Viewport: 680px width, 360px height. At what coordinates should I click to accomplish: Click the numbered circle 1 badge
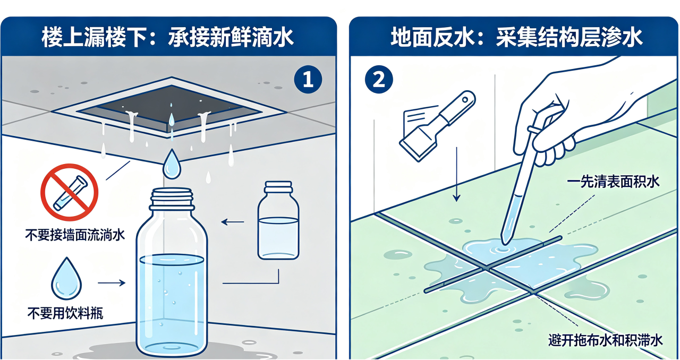click(308, 80)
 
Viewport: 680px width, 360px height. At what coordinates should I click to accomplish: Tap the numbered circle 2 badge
click(379, 80)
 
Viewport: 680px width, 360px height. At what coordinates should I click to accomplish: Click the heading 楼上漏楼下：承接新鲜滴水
click(167, 38)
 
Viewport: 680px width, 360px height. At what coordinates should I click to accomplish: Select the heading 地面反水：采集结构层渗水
click(517, 38)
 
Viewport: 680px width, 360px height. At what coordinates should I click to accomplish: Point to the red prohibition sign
click(70, 192)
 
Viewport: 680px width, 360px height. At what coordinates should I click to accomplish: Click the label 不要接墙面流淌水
click(75, 235)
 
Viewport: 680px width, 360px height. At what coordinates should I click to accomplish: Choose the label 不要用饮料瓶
click(65, 313)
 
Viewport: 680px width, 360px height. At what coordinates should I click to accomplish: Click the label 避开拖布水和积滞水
click(606, 340)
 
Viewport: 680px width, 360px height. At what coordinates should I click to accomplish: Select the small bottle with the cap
click(278, 220)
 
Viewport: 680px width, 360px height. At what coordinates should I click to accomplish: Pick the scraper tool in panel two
click(437, 126)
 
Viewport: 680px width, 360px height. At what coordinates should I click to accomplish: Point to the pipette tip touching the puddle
click(505, 242)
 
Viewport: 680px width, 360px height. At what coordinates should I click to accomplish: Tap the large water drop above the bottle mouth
click(172, 164)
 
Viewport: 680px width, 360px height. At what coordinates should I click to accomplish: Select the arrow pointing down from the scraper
click(456, 175)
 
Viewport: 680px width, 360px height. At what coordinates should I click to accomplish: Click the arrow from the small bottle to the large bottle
click(233, 222)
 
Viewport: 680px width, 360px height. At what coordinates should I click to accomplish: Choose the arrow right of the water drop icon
click(112, 283)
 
